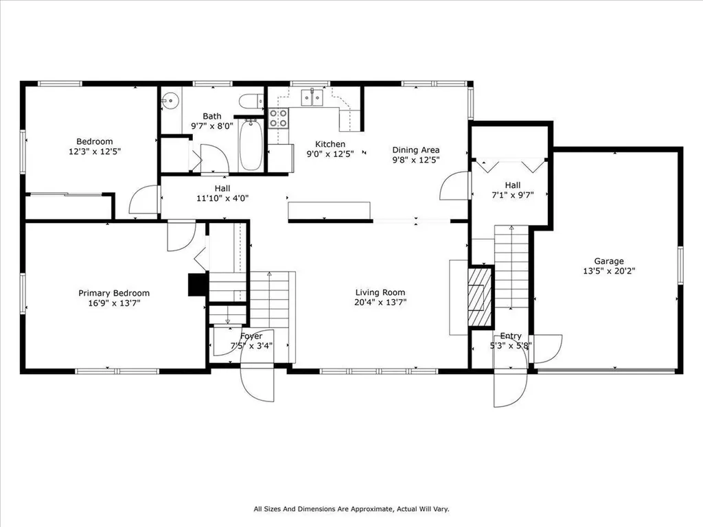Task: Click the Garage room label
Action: click(609, 261)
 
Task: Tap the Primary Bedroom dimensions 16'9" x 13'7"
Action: click(115, 303)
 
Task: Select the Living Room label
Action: click(380, 292)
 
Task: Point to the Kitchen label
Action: click(330, 144)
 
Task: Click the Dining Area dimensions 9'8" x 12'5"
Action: click(415, 159)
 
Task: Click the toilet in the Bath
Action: click(251, 102)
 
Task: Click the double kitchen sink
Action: click(312, 97)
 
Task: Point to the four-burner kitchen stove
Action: click(278, 118)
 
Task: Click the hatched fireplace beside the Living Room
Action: click(480, 296)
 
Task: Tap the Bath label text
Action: click(212, 116)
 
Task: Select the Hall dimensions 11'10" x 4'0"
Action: click(222, 198)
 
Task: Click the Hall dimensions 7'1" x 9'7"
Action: click(513, 195)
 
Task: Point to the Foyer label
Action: click(251, 336)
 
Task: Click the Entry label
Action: click(511, 336)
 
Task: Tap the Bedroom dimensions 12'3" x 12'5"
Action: click(95, 152)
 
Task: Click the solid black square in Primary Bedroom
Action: click(197, 285)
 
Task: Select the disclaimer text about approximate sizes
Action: click(351, 508)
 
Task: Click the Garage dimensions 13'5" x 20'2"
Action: click(609, 270)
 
